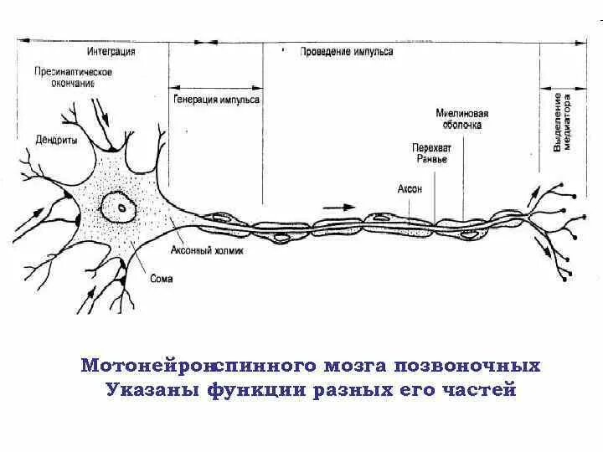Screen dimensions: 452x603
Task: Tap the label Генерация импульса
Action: tap(218, 99)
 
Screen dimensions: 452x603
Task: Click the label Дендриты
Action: tap(57, 141)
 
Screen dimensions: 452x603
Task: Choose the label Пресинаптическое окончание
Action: tap(75, 78)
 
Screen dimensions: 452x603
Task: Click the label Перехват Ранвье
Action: tap(430, 153)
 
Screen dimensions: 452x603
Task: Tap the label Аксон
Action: tap(410, 189)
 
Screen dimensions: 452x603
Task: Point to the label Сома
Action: tap(162, 279)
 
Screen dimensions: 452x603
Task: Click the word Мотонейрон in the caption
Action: tap(147, 366)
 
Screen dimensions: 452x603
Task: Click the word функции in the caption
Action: tap(249, 390)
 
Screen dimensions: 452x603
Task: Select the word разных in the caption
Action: tap(341, 390)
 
